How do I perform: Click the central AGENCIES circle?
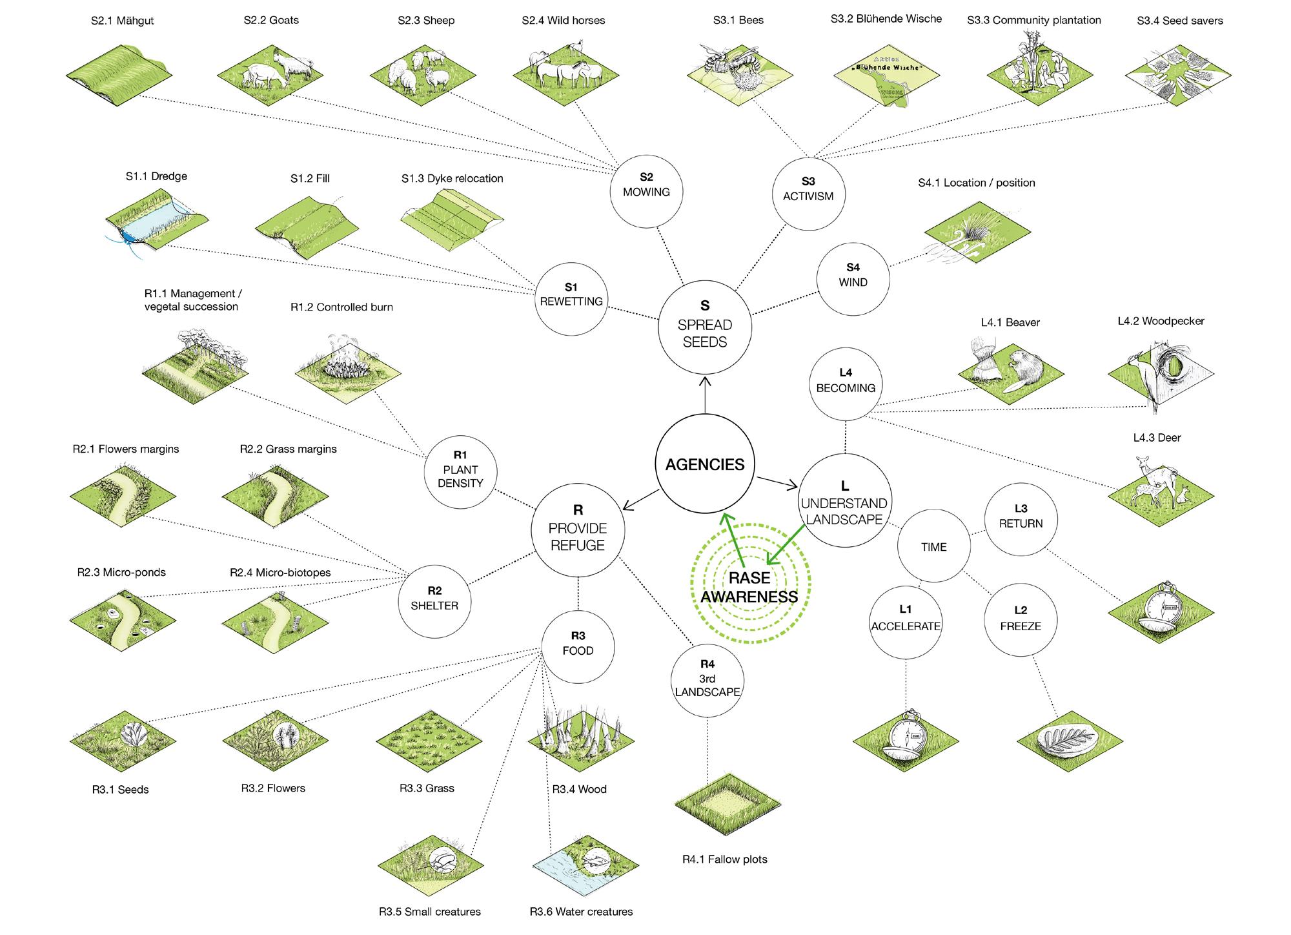(x=705, y=464)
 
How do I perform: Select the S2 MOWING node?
(x=646, y=190)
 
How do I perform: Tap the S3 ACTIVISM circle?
(x=808, y=195)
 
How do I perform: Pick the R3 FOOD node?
(x=578, y=648)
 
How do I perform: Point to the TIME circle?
(x=933, y=547)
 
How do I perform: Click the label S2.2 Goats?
(x=271, y=20)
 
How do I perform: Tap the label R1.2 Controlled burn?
(x=341, y=307)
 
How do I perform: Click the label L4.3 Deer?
(x=1157, y=438)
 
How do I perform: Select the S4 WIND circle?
(x=853, y=279)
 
